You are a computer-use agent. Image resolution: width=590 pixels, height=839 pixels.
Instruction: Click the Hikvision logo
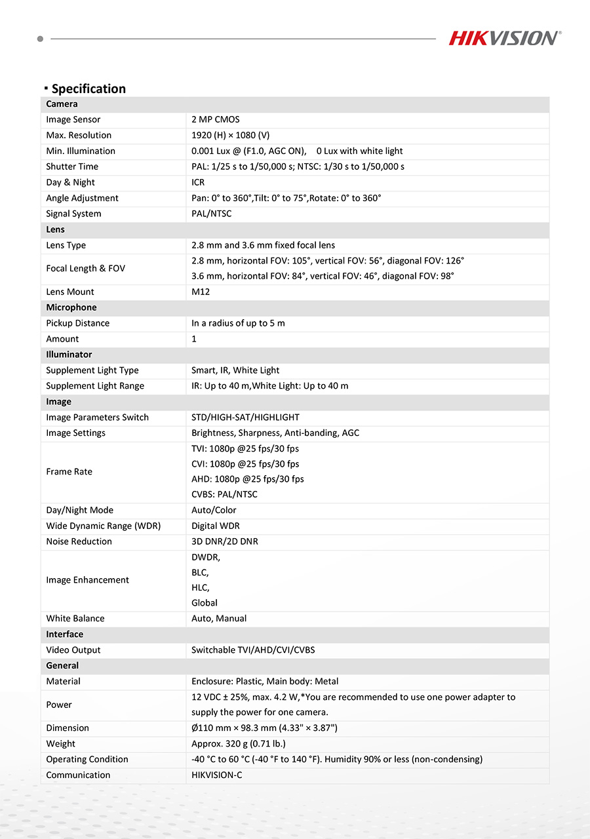(505, 38)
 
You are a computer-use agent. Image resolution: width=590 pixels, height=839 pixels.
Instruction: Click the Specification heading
(88, 88)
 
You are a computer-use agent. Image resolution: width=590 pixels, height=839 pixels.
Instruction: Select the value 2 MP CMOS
(216, 119)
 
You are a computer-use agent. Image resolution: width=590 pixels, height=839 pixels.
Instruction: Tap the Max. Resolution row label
(79, 135)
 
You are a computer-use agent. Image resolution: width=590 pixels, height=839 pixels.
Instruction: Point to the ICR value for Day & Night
(198, 182)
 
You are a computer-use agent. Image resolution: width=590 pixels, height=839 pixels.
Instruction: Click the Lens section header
(56, 229)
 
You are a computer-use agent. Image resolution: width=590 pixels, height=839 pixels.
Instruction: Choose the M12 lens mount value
(201, 292)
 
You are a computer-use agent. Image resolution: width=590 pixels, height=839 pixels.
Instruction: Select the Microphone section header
(71, 307)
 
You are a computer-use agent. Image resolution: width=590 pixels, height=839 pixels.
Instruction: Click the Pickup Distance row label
(78, 323)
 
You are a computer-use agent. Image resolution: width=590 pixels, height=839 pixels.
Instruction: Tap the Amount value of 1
(194, 339)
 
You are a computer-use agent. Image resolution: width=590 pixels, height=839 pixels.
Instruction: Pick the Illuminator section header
(69, 355)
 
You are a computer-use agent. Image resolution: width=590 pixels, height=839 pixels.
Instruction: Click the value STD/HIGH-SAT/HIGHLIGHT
(245, 418)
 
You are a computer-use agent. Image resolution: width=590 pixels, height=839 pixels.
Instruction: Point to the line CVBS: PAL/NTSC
(224, 494)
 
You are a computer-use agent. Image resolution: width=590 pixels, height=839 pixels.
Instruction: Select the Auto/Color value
(214, 510)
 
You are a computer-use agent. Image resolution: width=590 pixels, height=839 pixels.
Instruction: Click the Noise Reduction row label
(79, 541)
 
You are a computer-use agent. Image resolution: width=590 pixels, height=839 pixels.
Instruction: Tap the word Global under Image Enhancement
(205, 603)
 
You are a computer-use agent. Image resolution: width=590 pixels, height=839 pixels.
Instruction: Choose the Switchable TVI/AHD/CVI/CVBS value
(253, 650)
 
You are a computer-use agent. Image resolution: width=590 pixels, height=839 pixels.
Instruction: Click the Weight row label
(60, 743)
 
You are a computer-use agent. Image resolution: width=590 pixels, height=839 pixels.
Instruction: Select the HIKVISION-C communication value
(217, 775)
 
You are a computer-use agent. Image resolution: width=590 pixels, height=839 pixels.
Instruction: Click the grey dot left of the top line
(40, 39)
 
